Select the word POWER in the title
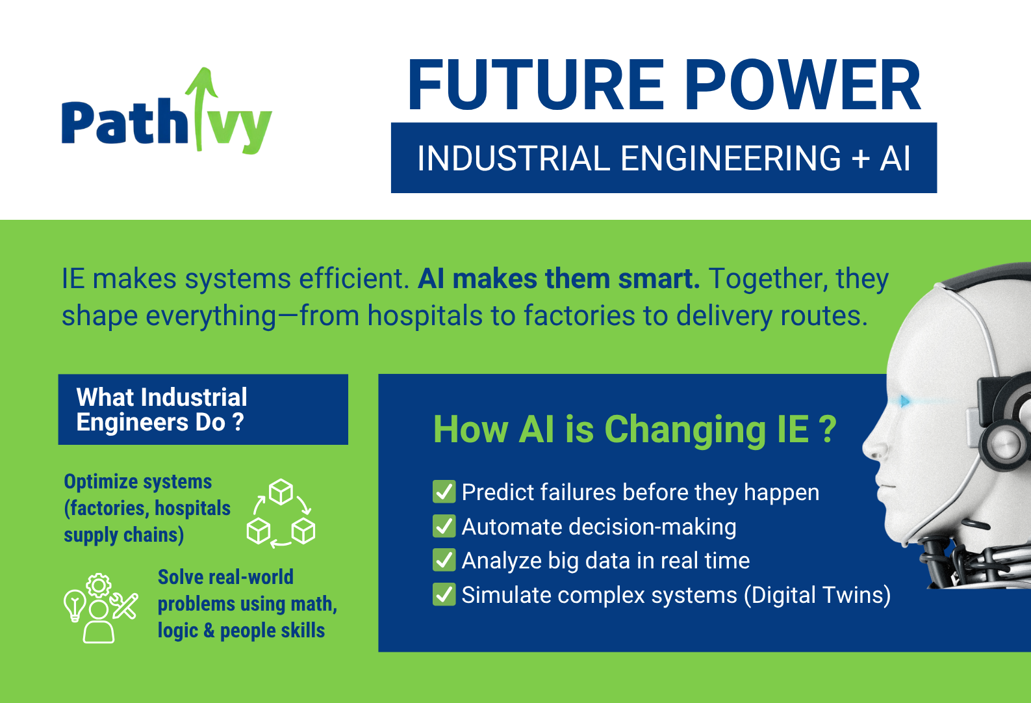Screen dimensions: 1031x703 (x=802, y=85)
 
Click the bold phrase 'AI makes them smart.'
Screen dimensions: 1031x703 (x=559, y=278)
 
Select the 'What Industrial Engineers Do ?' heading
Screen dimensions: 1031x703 (x=162, y=410)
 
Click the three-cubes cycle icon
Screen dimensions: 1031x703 (x=281, y=512)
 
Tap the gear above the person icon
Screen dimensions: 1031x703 (x=99, y=585)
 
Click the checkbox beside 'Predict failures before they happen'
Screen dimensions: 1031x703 (x=444, y=492)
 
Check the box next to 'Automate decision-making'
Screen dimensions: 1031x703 (x=444, y=526)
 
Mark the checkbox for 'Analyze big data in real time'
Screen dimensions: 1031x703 (x=444, y=560)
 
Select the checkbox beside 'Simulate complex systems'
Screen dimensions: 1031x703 (x=444, y=594)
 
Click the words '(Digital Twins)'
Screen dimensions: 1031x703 (x=817, y=595)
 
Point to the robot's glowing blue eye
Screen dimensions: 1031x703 (x=905, y=401)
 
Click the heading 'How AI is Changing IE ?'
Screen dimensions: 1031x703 (x=635, y=430)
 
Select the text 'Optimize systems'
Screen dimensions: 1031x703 (x=138, y=482)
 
